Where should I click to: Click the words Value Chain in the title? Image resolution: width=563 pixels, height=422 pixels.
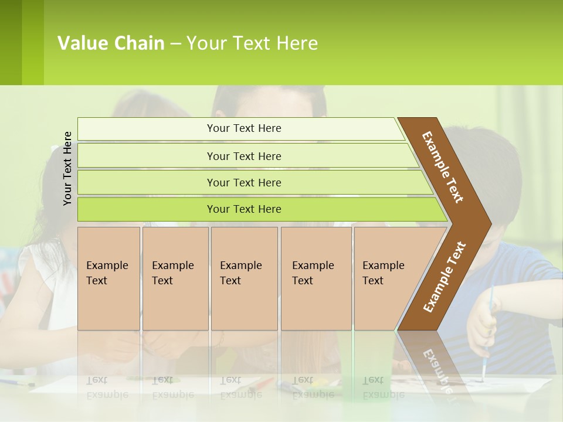click(x=111, y=43)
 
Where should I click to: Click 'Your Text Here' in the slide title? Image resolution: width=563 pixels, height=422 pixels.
click(x=252, y=43)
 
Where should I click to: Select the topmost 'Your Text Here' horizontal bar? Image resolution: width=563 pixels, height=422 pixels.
click(x=243, y=128)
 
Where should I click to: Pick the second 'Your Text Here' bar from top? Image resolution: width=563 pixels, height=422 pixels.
click(x=243, y=156)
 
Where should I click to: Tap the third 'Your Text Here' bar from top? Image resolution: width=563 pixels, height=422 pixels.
click(x=243, y=182)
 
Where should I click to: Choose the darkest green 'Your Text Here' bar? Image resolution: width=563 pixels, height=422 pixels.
click(x=243, y=209)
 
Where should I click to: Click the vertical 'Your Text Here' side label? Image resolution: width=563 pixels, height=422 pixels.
click(x=68, y=168)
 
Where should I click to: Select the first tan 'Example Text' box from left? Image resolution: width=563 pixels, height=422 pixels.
click(x=108, y=278)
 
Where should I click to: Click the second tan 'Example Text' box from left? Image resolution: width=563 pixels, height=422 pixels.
click(x=175, y=278)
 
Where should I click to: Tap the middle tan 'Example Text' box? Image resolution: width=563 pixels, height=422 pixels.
click(x=244, y=278)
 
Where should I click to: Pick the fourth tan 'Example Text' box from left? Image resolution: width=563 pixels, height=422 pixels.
click(x=316, y=278)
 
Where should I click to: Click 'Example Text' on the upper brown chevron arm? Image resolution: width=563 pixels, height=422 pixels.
click(x=443, y=167)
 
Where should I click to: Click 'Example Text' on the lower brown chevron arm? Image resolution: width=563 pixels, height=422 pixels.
click(x=445, y=277)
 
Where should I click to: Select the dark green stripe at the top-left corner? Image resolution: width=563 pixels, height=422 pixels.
click(x=11, y=42)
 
